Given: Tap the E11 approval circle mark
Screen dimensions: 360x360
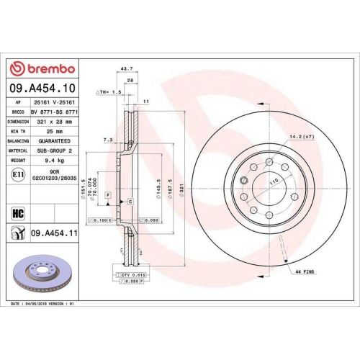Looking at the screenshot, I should (x=17, y=173).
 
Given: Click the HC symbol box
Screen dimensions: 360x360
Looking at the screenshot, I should (x=17, y=213).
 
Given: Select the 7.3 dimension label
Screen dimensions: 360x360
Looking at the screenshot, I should (x=108, y=138).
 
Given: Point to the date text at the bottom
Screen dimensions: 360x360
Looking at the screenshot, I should (x=43, y=305).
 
